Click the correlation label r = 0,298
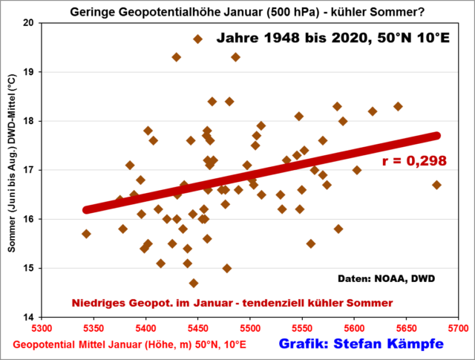point(419,161)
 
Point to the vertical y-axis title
point(13,170)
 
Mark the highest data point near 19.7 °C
point(197,39)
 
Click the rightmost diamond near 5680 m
point(436,185)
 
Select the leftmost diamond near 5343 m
point(86,234)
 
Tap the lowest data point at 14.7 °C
point(194,283)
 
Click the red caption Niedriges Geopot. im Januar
point(232,303)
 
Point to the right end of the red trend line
point(436,136)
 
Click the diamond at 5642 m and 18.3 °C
point(398,106)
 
